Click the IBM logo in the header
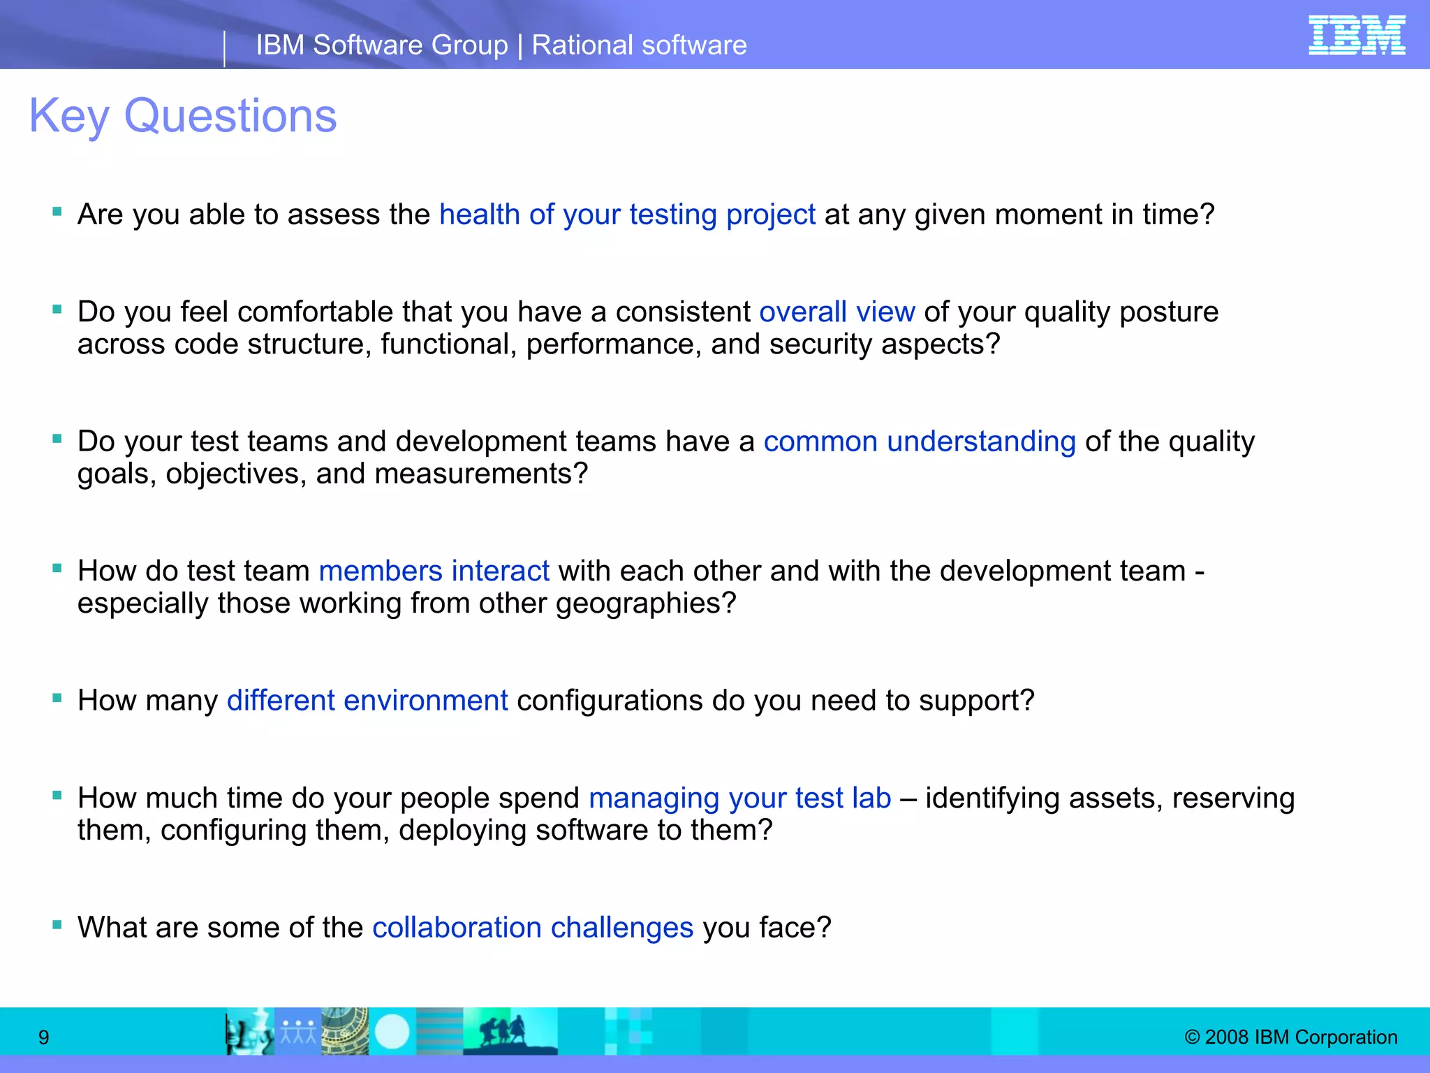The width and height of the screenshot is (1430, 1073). (x=1356, y=36)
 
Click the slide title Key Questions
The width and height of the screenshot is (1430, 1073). (x=183, y=116)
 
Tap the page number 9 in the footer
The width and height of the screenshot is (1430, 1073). (x=43, y=1037)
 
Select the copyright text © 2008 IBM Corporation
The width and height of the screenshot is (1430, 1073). (x=1290, y=1037)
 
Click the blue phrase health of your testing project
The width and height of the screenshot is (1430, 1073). (x=627, y=214)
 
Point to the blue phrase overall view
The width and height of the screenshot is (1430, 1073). (x=836, y=312)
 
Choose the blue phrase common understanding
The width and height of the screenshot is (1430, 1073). (x=919, y=441)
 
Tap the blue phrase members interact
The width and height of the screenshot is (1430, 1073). (x=434, y=571)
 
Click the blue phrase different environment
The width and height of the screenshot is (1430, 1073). (x=367, y=701)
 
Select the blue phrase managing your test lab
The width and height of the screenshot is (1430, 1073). (x=739, y=798)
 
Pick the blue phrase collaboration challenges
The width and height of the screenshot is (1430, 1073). (x=532, y=928)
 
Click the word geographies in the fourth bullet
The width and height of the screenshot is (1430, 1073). (x=645, y=604)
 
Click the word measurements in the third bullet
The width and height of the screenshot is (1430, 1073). (x=481, y=474)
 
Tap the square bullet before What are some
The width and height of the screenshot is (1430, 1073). (x=57, y=926)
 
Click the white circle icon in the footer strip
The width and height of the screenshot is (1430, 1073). (x=392, y=1031)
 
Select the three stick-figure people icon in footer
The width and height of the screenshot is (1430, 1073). (x=298, y=1031)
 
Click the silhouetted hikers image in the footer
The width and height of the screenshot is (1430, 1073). (x=510, y=1031)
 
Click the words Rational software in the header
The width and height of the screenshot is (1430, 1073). (x=639, y=45)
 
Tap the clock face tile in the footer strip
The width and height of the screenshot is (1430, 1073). (x=345, y=1031)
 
